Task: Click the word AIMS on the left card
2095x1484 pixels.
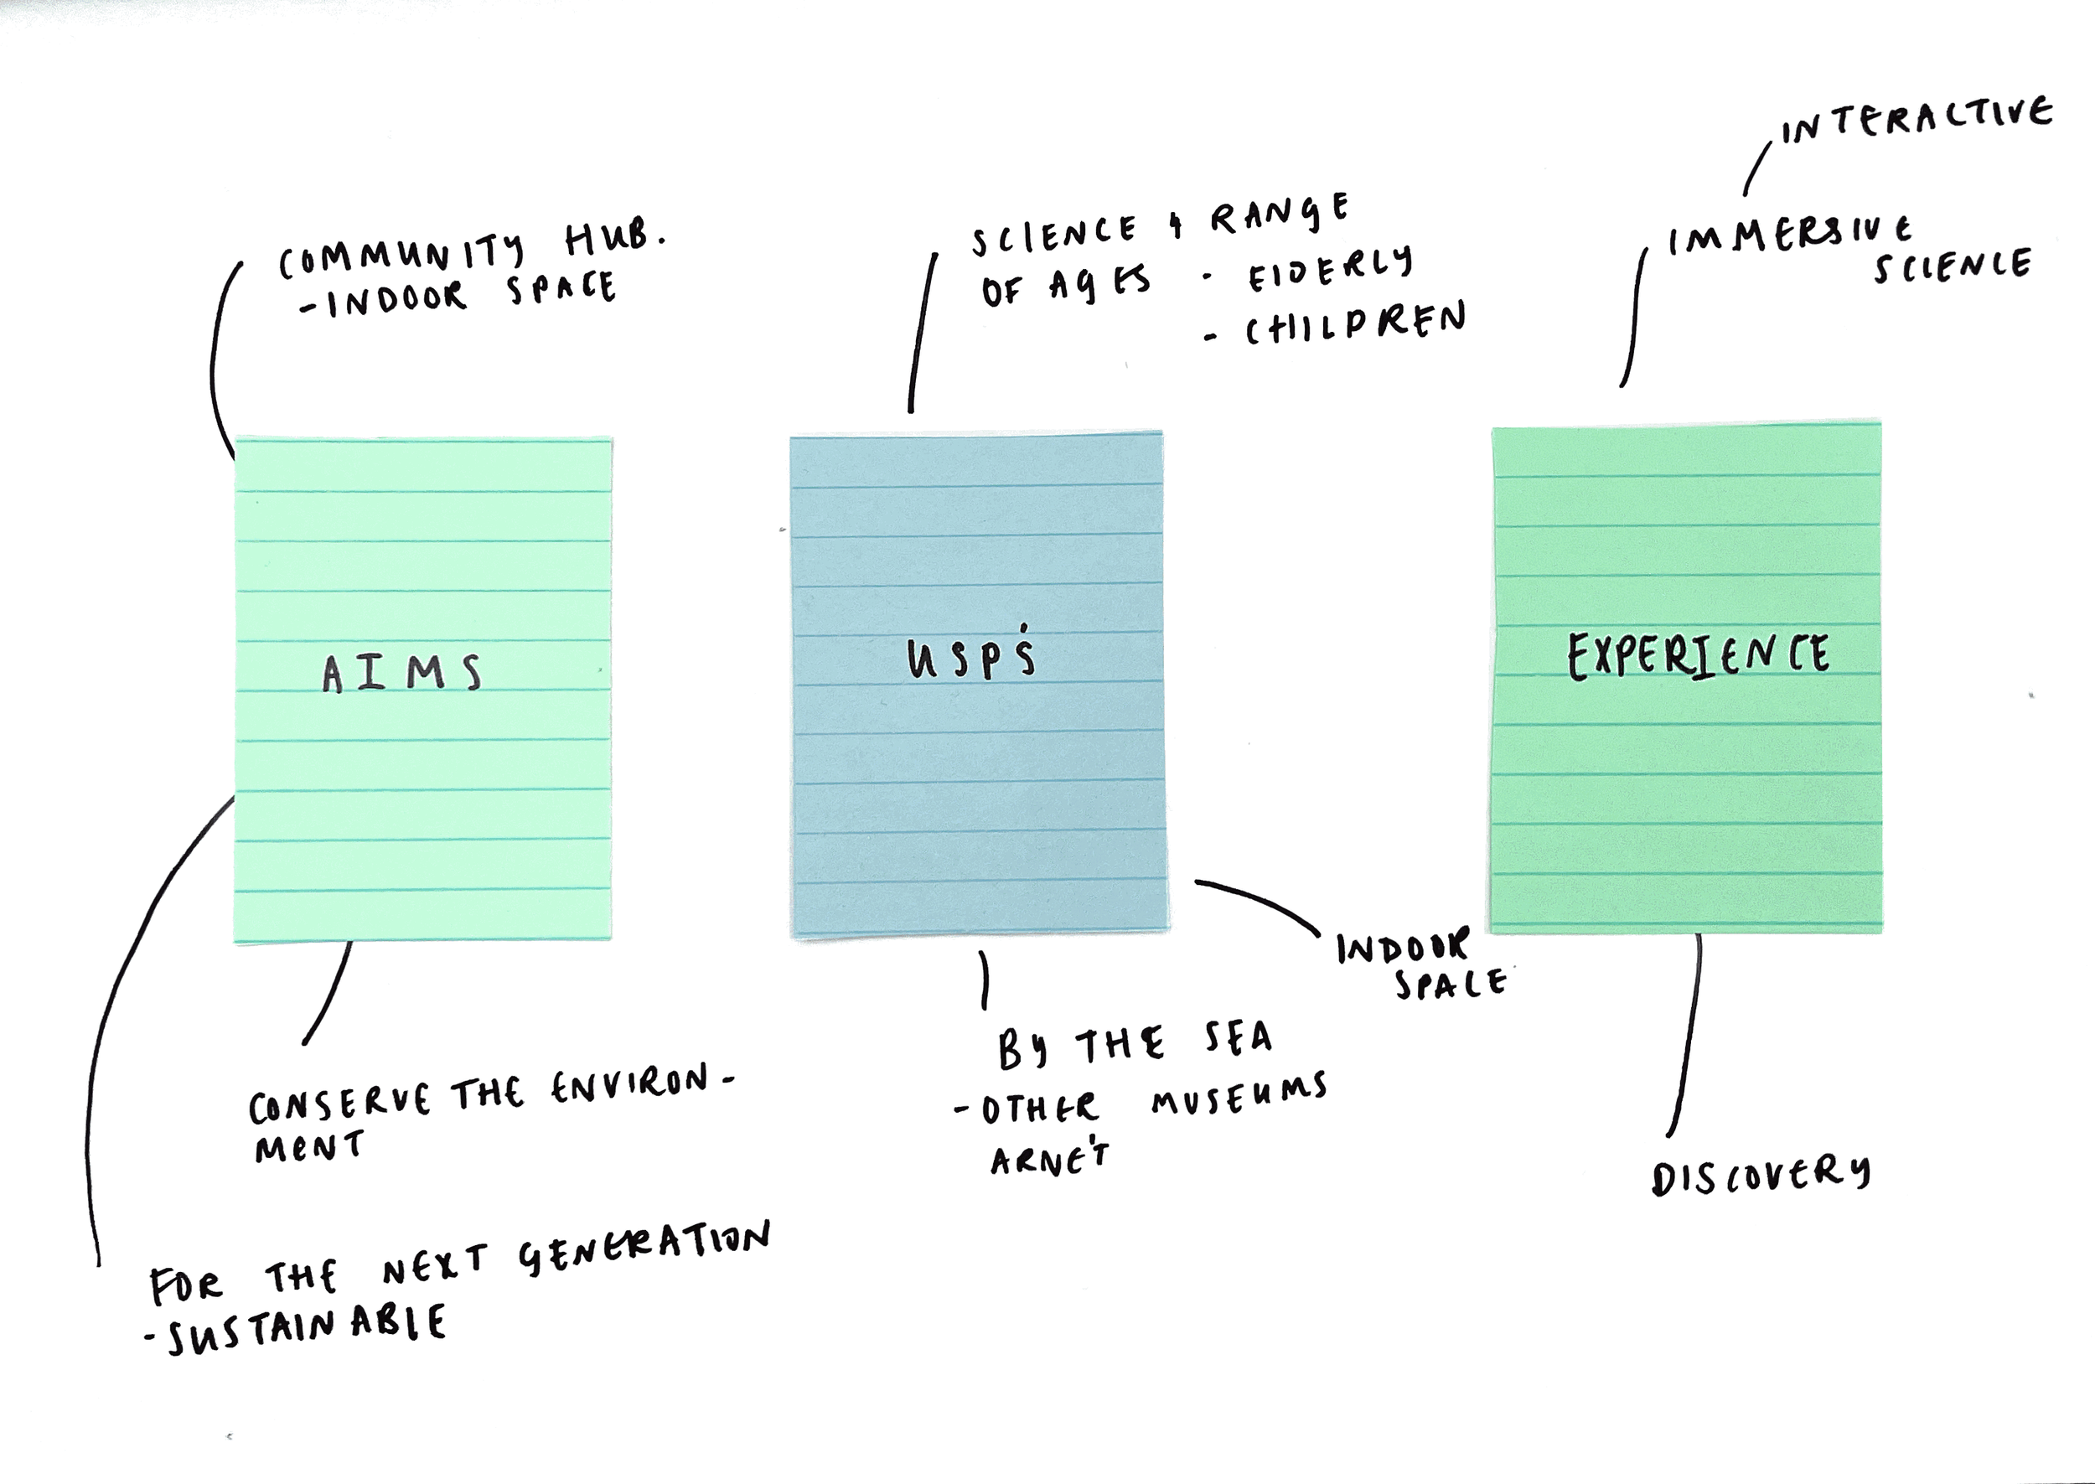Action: [401, 674]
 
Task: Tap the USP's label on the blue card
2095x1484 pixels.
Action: [971, 655]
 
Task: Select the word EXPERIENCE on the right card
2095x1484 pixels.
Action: [1699, 655]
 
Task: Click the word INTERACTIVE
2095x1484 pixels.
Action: [1916, 122]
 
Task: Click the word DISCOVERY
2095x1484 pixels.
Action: [1760, 1174]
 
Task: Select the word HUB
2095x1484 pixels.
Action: [614, 240]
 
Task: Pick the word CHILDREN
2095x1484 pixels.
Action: [1356, 325]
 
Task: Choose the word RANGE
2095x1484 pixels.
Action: [1279, 215]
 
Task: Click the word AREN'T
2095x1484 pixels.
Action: [1050, 1159]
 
